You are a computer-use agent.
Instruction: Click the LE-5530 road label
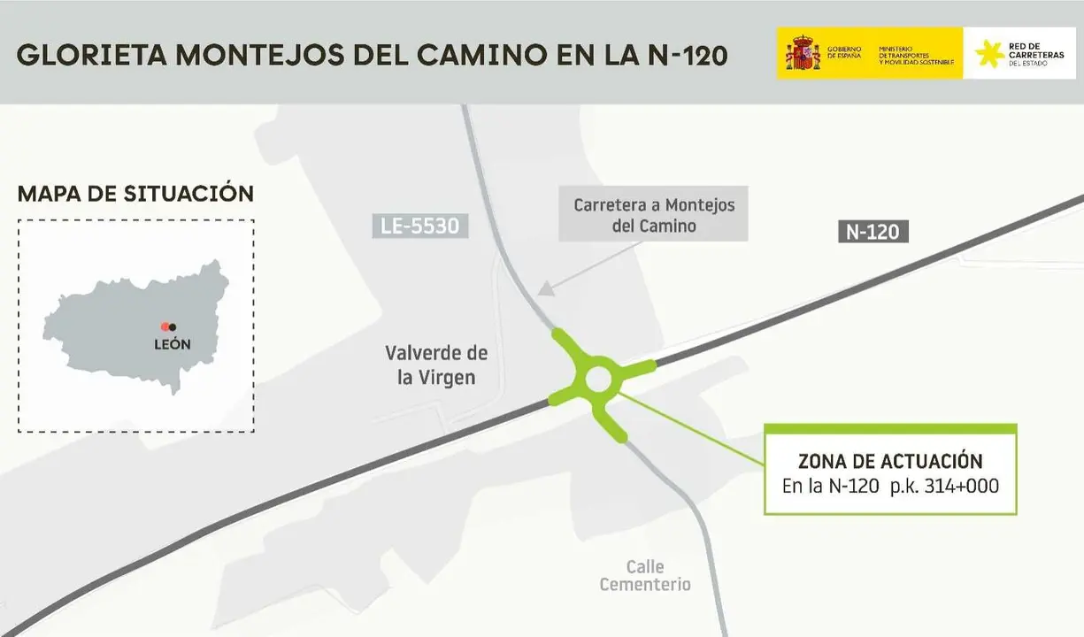pos(419,226)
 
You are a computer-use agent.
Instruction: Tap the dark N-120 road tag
pos(873,232)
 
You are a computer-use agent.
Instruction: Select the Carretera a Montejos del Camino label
pos(654,215)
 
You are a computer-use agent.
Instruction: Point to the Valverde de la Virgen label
pos(436,365)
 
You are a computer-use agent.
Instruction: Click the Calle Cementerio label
pos(645,575)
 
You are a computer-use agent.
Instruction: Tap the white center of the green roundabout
pos(598,380)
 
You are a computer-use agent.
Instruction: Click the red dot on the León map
pos(165,327)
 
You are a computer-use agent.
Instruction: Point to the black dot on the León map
pos(173,327)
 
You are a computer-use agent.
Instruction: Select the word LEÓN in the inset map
pos(172,344)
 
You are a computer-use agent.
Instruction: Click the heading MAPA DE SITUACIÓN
pos(135,194)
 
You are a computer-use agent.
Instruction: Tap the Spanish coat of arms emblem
pos(803,53)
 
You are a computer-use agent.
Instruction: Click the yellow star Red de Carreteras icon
pos(989,53)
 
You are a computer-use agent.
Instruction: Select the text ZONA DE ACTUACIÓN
pos(890,461)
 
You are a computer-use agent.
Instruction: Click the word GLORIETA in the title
pos(91,55)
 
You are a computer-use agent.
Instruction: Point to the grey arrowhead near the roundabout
pos(546,288)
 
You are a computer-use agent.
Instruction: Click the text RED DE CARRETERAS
pos(1041,50)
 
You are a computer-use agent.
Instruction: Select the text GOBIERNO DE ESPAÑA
pos(844,52)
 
